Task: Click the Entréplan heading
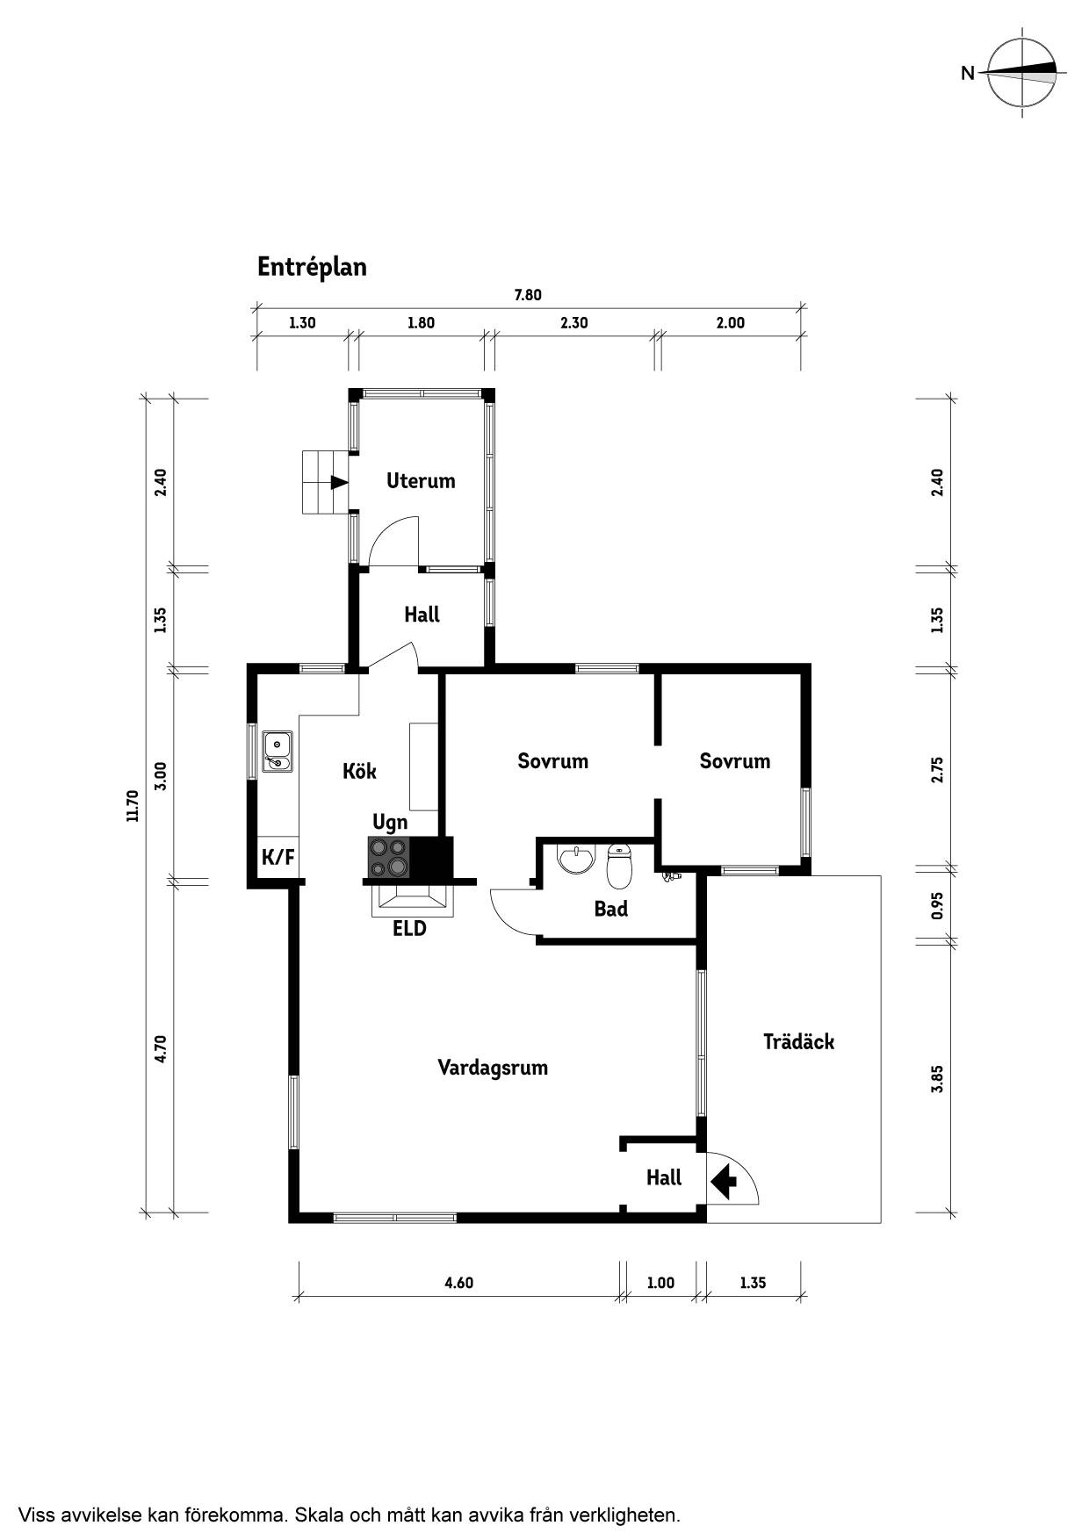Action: click(312, 267)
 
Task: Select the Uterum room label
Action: click(421, 481)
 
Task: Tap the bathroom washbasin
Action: click(576, 860)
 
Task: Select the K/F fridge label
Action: click(278, 857)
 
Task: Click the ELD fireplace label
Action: click(409, 928)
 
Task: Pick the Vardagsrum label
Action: click(493, 1069)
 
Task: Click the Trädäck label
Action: click(798, 1042)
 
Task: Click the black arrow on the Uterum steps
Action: click(339, 482)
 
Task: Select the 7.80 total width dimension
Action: click(528, 295)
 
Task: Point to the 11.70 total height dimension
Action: click(133, 806)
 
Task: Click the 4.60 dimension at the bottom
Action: click(458, 1283)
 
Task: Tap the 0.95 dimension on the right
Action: click(937, 906)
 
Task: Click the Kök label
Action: click(359, 771)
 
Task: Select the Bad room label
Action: click(611, 909)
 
